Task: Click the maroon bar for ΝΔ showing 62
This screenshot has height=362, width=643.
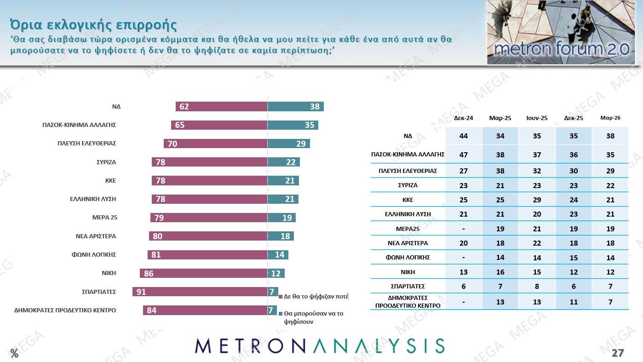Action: pos(221,107)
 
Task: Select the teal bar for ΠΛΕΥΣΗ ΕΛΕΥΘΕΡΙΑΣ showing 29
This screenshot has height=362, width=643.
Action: pos(288,144)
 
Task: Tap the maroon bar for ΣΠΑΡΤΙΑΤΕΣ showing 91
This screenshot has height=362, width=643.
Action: pos(200,292)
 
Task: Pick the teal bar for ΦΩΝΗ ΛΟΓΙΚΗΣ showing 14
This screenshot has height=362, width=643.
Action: pos(278,255)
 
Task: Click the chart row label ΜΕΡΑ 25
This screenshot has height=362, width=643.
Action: pos(105,218)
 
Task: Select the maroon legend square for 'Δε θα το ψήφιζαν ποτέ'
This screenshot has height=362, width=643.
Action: pos(281,297)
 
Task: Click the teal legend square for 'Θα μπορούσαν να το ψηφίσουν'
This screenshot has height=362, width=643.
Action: pos(281,313)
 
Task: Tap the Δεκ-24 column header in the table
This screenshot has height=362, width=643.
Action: pos(464,118)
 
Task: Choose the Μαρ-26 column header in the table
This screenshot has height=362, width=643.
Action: pos(610,118)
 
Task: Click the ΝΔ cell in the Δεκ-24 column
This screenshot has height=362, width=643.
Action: pos(464,136)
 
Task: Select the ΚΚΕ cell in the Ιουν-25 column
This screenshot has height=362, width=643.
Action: pos(537,200)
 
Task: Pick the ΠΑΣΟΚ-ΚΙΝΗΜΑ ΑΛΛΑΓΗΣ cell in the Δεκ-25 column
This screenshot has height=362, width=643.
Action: pos(574,155)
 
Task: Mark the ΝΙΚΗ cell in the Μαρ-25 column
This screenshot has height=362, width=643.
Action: pos(500,272)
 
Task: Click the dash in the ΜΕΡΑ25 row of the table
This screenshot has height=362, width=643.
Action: pos(464,229)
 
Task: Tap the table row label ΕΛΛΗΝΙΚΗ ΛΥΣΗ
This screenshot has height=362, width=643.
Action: pos(408,214)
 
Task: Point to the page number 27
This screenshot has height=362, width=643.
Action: pos(618,353)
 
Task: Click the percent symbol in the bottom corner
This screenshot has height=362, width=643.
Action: pos(14,354)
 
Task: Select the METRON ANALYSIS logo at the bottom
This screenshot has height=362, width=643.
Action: pos(320,346)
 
